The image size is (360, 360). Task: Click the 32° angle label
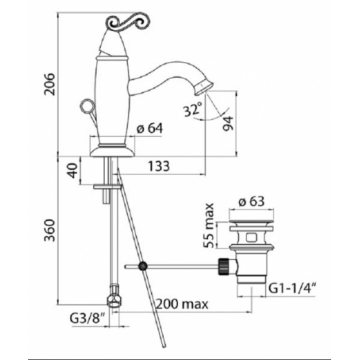click(191, 110)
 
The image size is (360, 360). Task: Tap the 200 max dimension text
click(175, 305)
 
